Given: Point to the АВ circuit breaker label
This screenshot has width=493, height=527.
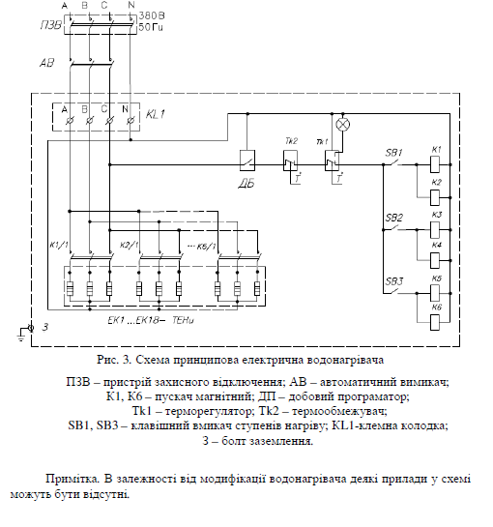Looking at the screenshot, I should click(x=44, y=64).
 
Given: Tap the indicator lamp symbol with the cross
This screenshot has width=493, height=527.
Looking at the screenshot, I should click(x=340, y=125).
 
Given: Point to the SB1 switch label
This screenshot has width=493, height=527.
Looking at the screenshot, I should click(x=393, y=152).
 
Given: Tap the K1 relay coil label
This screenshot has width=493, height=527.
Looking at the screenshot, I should click(x=436, y=148).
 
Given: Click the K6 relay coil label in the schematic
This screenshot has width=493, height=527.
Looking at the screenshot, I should click(x=436, y=307).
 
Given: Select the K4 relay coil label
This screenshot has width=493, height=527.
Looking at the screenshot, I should click(x=436, y=245).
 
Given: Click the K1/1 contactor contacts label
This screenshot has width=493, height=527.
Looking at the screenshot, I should click(x=59, y=246).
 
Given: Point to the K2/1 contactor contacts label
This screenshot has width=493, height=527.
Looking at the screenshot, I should click(x=130, y=246).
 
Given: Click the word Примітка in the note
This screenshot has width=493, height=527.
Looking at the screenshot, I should click(x=71, y=478).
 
